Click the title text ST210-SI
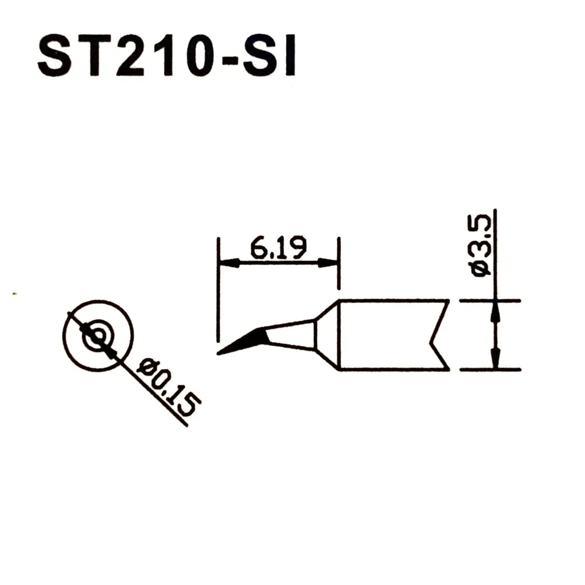167,55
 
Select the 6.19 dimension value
279,247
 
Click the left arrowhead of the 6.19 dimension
229,263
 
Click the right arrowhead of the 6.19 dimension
328,263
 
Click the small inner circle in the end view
98,336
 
